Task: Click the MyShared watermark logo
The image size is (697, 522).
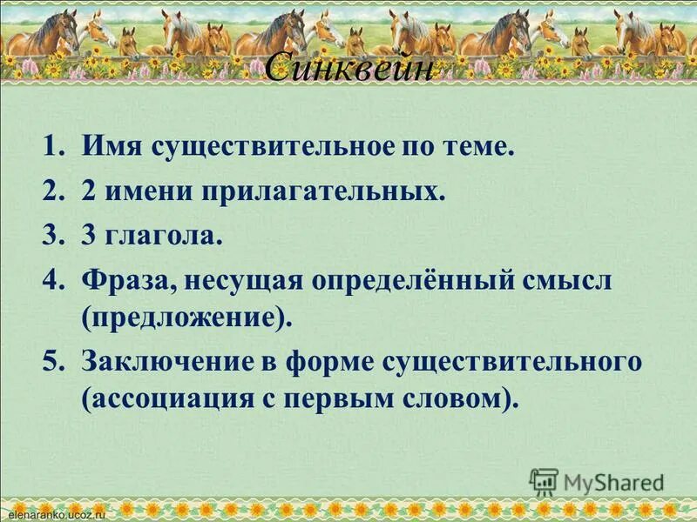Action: click(x=598, y=481)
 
